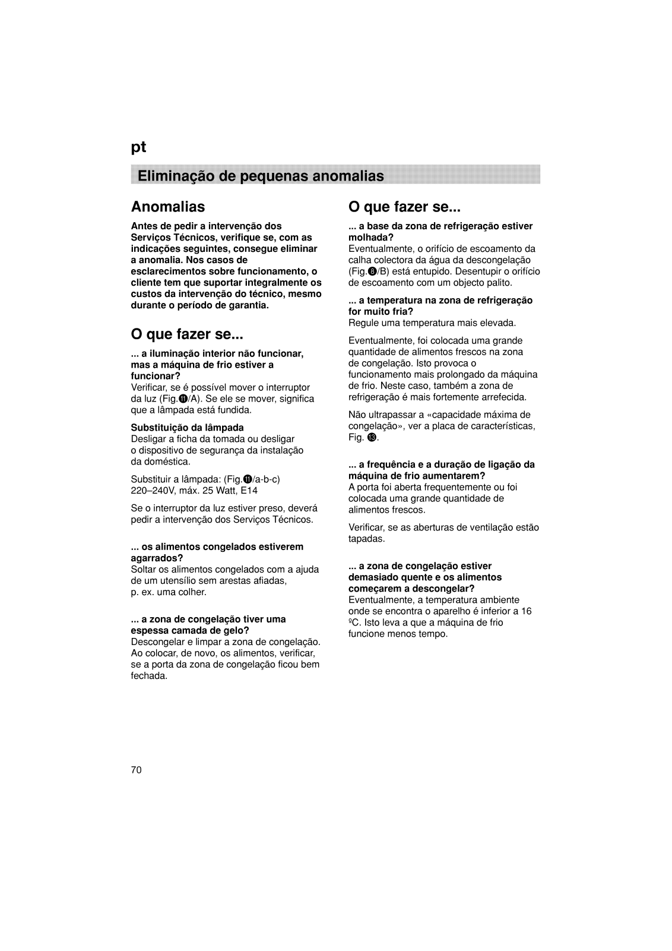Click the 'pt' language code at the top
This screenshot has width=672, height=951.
coord(138,147)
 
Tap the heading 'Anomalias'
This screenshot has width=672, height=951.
coord(168,207)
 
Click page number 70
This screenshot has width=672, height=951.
coord(137,770)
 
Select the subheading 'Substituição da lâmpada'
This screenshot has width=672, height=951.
coord(187,428)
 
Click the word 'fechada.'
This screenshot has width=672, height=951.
coord(149,676)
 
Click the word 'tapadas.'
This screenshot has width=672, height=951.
coord(367,539)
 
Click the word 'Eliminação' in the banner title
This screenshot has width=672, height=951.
coord(172,176)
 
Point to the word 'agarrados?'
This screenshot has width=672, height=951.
coord(157,558)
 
